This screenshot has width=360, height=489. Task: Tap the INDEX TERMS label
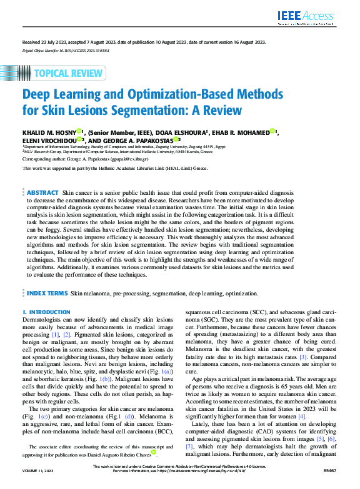47,292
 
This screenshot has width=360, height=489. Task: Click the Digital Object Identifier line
61,49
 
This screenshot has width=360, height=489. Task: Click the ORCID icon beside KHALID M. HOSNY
79,131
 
